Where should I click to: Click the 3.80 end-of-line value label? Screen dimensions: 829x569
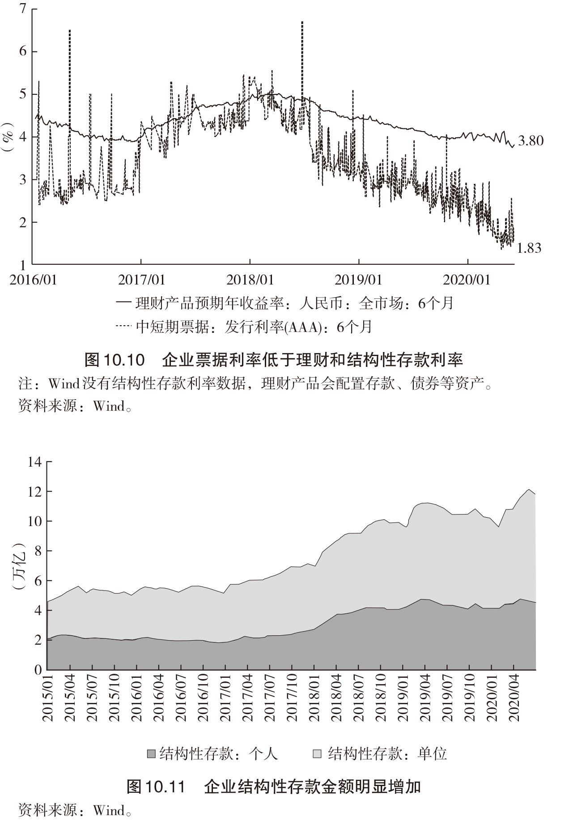531,141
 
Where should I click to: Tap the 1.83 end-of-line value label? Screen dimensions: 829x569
529,248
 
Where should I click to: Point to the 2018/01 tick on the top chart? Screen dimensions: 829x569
250,280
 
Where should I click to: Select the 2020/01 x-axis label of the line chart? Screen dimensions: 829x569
467,280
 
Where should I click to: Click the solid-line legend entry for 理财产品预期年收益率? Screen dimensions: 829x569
284,303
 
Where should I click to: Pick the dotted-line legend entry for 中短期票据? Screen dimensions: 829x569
244,327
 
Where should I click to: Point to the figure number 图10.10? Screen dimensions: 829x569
115,359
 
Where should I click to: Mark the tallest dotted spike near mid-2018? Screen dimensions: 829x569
302,22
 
